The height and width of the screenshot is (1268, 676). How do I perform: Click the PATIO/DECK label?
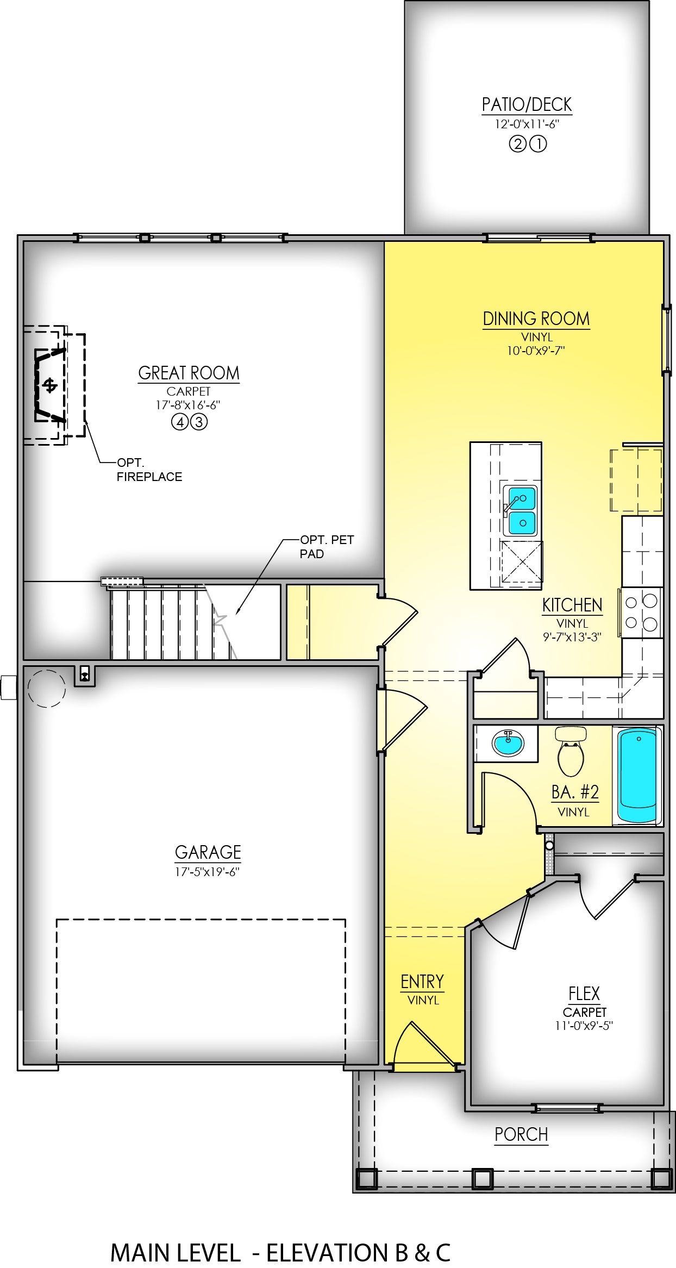click(x=527, y=104)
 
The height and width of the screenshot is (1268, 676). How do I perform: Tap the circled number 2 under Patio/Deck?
click(x=517, y=144)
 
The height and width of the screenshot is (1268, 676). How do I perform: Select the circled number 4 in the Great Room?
click(x=179, y=422)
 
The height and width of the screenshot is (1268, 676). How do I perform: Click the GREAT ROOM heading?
click(x=189, y=373)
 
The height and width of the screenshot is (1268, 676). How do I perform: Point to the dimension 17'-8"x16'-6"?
click(x=188, y=405)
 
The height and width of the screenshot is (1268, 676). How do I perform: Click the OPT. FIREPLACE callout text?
click(x=149, y=470)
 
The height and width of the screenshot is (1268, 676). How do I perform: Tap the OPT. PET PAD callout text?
click(x=327, y=547)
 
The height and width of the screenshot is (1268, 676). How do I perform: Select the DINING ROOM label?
click(x=536, y=318)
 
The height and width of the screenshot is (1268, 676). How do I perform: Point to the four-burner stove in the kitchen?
click(x=641, y=612)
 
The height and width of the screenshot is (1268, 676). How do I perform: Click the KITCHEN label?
click(x=572, y=605)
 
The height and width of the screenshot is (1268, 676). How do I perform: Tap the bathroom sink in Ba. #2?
click(x=508, y=742)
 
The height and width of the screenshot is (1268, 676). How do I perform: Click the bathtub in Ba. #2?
click(x=637, y=775)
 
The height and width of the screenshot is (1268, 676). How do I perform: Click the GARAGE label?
click(x=208, y=852)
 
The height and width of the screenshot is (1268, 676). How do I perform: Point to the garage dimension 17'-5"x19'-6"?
click(x=207, y=872)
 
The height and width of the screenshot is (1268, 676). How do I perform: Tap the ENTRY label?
click(x=422, y=982)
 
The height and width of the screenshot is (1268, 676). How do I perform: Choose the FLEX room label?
click(x=584, y=994)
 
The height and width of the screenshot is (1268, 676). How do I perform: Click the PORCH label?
click(x=521, y=1134)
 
